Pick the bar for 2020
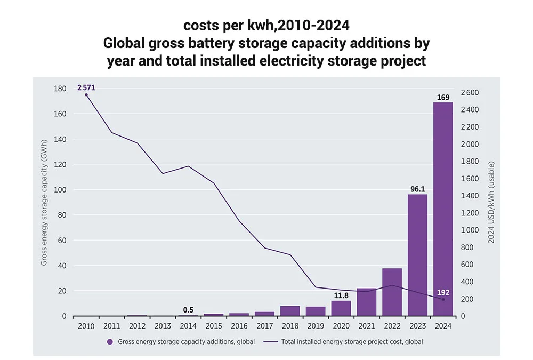point(341,308)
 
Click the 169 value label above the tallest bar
point(443,97)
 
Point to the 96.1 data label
point(417,189)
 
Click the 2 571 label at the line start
point(86,87)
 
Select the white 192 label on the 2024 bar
point(443,292)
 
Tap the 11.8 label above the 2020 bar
point(341,295)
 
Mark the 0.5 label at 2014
point(188,310)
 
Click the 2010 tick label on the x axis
point(86,326)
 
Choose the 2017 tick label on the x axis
point(264,326)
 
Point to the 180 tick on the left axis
point(60,89)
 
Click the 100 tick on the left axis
point(60,190)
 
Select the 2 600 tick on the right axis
point(470,93)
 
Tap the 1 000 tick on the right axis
point(470,230)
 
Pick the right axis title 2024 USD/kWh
point(491,203)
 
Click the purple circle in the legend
point(110,342)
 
